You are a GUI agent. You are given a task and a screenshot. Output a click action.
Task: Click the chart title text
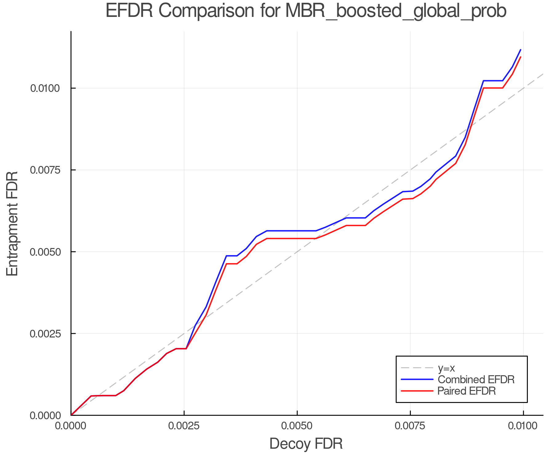coord(306,11)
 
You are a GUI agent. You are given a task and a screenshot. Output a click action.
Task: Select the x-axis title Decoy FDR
coord(306,444)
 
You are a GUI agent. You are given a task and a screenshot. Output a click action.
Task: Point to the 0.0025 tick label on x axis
coord(184,426)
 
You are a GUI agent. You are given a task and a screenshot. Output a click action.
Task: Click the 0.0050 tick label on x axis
coord(297,426)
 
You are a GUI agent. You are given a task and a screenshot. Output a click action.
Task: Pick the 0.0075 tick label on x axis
coord(410,426)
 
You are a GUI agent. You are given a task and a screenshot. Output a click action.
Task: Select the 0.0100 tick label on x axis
coord(523,426)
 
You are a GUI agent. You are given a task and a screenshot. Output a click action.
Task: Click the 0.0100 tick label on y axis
coord(45,88)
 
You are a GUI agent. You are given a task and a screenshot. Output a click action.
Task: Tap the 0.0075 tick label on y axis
coord(45,170)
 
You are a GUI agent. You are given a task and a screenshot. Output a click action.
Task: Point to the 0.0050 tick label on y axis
coord(45,252)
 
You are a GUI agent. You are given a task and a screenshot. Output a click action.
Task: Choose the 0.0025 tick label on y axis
coord(45,333)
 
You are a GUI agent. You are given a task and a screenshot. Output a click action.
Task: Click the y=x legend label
coord(446,368)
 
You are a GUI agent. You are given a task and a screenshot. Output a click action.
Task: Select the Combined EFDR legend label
coord(476,380)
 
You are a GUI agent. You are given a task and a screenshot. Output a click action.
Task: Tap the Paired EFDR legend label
coord(467,391)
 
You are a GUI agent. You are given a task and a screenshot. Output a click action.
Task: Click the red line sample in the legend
coord(417,391)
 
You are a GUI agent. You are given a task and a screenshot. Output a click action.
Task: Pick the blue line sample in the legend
coord(417,380)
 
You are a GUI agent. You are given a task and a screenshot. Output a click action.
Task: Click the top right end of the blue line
coord(520,49)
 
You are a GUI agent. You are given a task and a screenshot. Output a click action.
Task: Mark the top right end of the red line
coord(520,57)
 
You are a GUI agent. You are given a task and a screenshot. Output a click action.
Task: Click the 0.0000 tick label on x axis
coord(71,426)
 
